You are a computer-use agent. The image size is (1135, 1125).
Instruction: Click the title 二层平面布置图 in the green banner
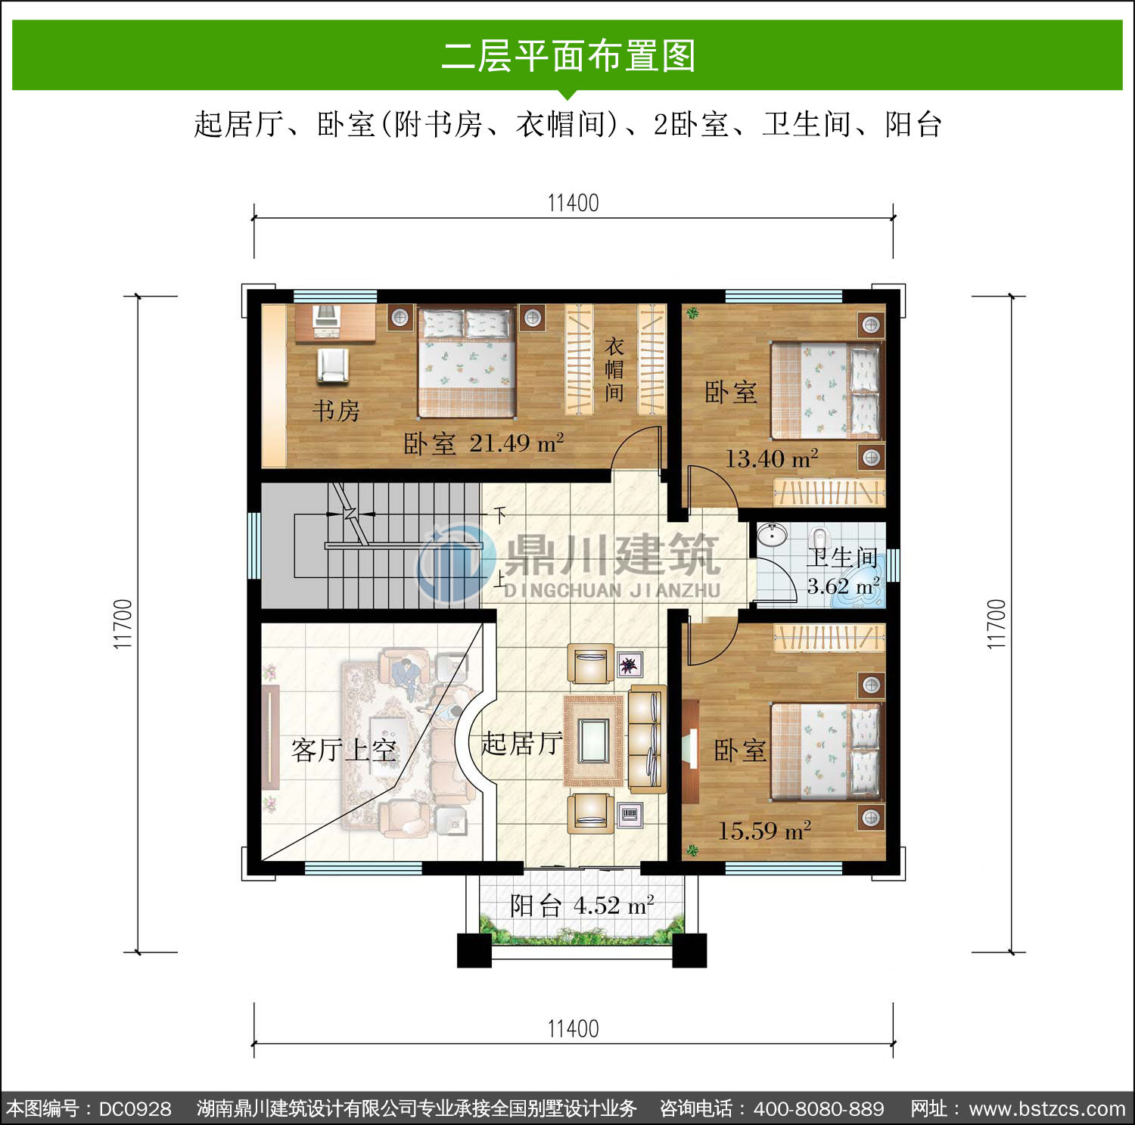coord(568,56)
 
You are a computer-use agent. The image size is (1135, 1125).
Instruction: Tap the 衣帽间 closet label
coord(614,370)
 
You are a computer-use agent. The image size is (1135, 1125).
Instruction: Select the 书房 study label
coord(336,411)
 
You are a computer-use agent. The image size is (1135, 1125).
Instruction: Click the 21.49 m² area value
coord(517,443)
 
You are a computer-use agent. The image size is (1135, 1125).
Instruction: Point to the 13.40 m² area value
coord(772,458)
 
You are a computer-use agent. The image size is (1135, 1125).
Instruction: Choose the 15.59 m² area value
coord(764,831)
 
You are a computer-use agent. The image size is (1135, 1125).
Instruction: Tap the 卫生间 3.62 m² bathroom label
coord(843,571)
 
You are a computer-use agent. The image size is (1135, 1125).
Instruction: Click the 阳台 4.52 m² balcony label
coord(582,906)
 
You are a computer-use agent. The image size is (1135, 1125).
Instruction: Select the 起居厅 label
coord(521,744)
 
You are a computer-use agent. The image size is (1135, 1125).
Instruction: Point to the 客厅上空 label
coord(344,750)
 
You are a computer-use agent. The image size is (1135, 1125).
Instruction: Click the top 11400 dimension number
coord(573,203)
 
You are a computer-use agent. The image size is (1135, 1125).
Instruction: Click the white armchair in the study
coord(333,365)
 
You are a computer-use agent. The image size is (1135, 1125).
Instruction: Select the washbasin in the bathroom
coord(772,536)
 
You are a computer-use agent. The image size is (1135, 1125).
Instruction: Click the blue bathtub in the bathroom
coord(859,594)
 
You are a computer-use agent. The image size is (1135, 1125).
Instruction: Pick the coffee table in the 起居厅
coord(593,741)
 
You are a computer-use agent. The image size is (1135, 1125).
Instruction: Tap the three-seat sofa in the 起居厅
coord(648,739)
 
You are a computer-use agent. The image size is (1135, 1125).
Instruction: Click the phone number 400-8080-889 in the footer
coord(819,1109)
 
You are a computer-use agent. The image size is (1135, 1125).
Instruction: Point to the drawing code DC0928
coord(135,1109)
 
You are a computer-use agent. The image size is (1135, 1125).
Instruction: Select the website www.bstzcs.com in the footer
coord(1047,1109)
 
